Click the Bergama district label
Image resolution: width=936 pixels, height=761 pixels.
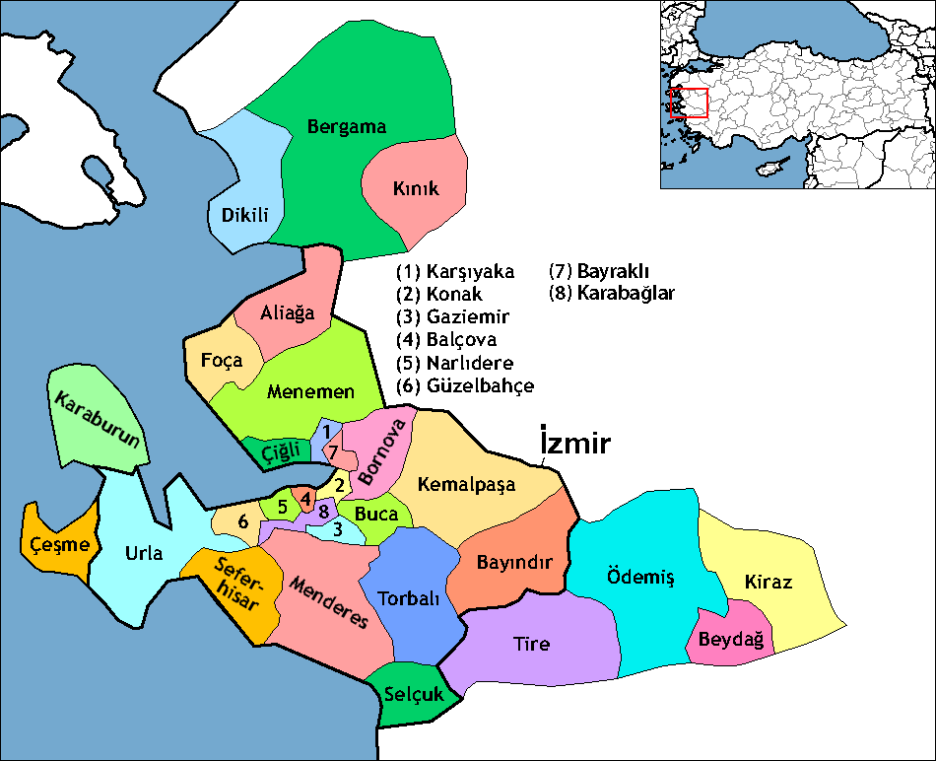pos(347,127)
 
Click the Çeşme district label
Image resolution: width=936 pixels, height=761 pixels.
pos(60,544)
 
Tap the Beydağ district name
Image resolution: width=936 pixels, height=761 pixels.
pos(731,640)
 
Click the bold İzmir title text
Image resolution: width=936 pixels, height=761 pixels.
pos(576,443)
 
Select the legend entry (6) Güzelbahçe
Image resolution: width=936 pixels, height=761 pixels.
pos(464,385)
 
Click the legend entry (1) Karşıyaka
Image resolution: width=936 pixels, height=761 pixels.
pos(454,271)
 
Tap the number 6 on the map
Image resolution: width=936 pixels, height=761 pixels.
pos(242,521)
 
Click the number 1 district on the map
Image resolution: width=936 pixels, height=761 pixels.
pos(326,432)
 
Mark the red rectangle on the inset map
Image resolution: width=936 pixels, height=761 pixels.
pos(689,104)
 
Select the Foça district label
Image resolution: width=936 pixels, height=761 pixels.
pos(221,360)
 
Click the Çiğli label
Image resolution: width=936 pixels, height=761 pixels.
pos(280,451)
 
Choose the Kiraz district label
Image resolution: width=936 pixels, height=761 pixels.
pos(769,581)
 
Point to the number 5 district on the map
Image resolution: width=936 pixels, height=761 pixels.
pos(283,507)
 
